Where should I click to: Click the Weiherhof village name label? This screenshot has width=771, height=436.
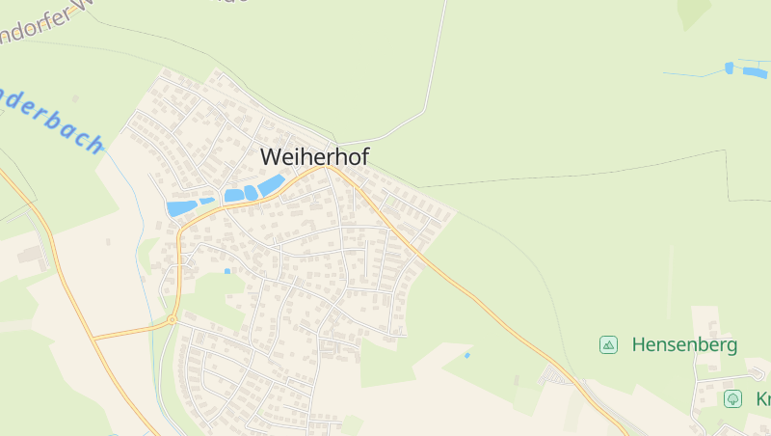click(x=314, y=156)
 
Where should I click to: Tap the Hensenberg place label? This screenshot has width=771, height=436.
click(x=684, y=344)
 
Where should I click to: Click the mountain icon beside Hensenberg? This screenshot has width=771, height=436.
click(x=608, y=344)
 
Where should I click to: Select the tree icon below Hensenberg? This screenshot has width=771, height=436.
click(x=733, y=398)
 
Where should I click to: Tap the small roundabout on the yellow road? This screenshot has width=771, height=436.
click(x=172, y=319)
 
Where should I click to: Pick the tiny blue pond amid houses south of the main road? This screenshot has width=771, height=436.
click(x=227, y=271)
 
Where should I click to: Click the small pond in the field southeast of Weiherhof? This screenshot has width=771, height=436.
click(x=467, y=356)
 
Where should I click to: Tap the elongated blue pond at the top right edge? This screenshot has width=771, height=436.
click(x=756, y=72)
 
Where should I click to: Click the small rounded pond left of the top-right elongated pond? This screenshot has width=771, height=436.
click(x=729, y=68)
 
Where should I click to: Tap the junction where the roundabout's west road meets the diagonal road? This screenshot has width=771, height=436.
click(x=94, y=339)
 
